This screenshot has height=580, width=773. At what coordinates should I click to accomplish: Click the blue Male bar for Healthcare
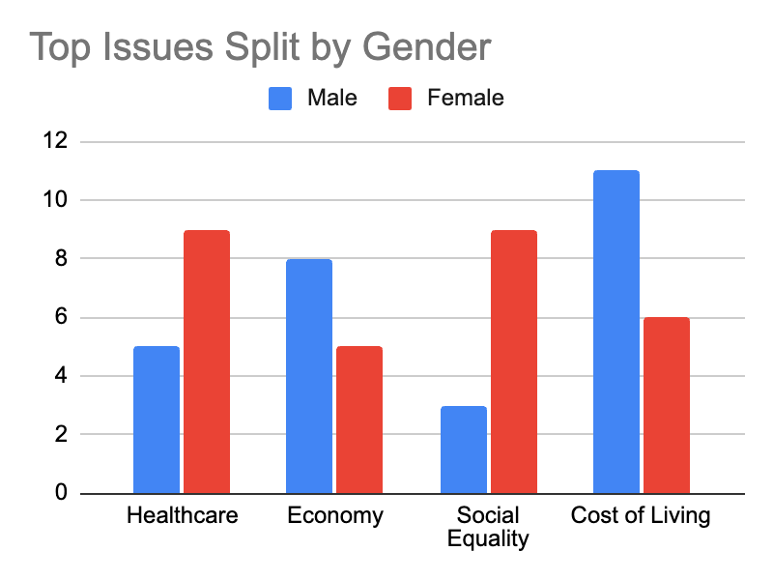pos(157,420)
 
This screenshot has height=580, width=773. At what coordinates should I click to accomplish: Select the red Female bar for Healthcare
pos(207,362)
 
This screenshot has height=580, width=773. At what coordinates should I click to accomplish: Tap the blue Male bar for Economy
pos(309,376)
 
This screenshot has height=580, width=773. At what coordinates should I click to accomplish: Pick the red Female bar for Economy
pos(359,420)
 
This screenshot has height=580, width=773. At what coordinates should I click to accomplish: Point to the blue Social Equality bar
pos(464,449)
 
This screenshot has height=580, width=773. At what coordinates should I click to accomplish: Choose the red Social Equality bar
pos(514,362)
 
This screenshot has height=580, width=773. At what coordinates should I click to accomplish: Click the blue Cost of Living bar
pos(616,332)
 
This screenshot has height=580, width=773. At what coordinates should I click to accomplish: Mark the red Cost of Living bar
pos(667,405)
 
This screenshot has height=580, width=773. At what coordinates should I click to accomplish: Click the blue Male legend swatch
pos(280,99)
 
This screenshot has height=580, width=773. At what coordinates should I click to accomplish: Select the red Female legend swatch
pos(400,99)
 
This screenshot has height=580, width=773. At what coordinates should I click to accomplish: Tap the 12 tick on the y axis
pos(55,141)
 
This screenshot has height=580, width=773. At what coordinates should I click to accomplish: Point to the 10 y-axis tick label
pos(55,200)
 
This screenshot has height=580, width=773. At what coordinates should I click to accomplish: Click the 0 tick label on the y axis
pos(61,492)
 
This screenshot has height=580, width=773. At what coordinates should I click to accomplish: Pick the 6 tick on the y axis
pos(61,317)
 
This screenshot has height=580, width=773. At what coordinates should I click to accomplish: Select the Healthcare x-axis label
pos(183,515)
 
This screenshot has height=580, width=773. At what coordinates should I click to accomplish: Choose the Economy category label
pos(335,516)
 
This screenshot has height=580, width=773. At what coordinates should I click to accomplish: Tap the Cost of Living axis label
pos(641,516)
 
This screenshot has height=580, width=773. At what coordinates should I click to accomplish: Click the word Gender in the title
pos(427,47)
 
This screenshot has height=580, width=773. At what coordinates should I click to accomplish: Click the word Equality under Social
pos(488,539)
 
